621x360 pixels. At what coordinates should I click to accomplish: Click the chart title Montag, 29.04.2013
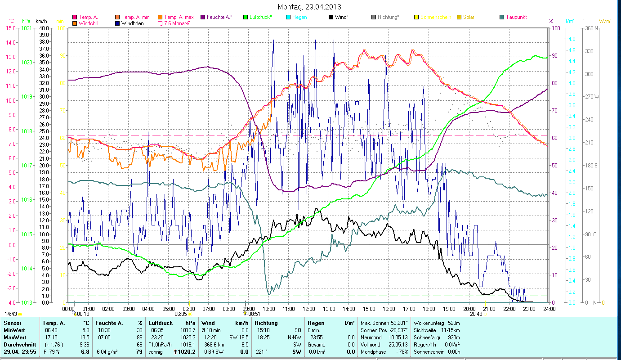point(309,7)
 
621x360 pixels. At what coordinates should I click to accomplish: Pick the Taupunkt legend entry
point(516,17)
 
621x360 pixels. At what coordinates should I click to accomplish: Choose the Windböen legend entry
point(132,23)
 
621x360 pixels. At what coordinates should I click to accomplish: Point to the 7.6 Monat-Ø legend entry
point(178,23)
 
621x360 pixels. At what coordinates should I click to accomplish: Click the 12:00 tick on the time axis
point(309,309)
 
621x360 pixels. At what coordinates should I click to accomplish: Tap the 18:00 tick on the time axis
point(429,309)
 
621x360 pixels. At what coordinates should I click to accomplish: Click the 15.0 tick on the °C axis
point(10,28)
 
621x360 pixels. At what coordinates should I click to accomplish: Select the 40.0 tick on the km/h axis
point(44,28)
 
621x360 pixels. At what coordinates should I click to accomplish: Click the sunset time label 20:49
point(476,314)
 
